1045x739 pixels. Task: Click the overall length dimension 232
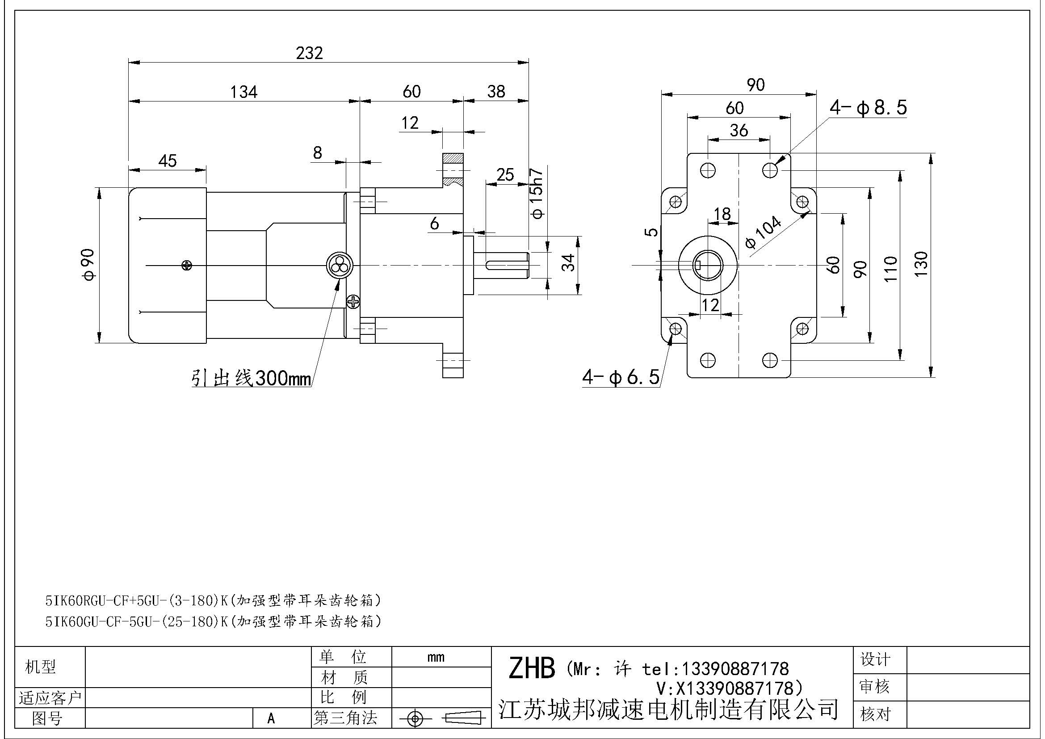pyautogui.click(x=310, y=53)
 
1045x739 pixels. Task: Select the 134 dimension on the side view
pyautogui.click(x=244, y=92)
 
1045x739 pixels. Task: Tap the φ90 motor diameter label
pyautogui.click(x=88, y=265)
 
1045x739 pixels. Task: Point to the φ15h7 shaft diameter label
pyautogui.click(x=537, y=193)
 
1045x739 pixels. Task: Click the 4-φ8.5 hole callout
pyautogui.click(x=868, y=107)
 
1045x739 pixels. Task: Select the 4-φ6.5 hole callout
pyautogui.click(x=621, y=377)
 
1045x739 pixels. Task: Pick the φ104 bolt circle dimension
pyautogui.click(x=763, y=232)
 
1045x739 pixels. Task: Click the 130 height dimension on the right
pyautogui.click(x=920, y=264)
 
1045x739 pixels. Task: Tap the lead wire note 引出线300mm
pyautogui.click(x=251, y=378)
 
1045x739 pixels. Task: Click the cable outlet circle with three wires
pyautogui.click(x=340, y=265)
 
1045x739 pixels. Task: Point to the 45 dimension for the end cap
pyautogui.click(x=168, y=161)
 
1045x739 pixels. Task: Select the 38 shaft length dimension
pyautogui.click(x=496, y=92)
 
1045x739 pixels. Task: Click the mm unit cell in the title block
pyautogui.click(x=436, y=657)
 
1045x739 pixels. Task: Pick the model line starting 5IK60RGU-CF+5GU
pyautogui.click(x=213, y=600)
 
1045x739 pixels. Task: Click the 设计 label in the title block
pyautogui.click(x=875, y=659)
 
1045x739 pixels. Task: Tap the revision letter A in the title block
pyautogui.click(x=271, y=718)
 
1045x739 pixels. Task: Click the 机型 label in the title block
pyautogui.click(x=41, y=667)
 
